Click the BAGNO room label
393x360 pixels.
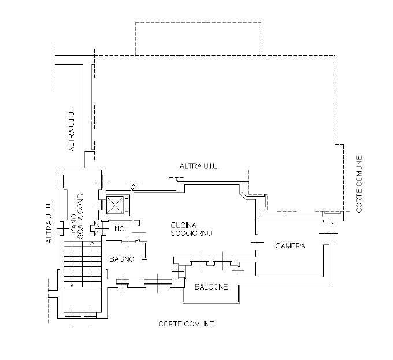click(122, 259)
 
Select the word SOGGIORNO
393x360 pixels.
click(191, 233)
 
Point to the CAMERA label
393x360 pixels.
click(290, 246)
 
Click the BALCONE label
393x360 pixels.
click(211, 287)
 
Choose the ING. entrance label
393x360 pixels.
click(120, 229)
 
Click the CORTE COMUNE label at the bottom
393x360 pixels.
click(186, 324)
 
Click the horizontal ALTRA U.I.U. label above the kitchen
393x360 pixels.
click(199, 166)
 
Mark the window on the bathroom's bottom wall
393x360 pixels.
click(123, 283)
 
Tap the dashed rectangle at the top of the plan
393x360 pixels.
click(198, 39)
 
